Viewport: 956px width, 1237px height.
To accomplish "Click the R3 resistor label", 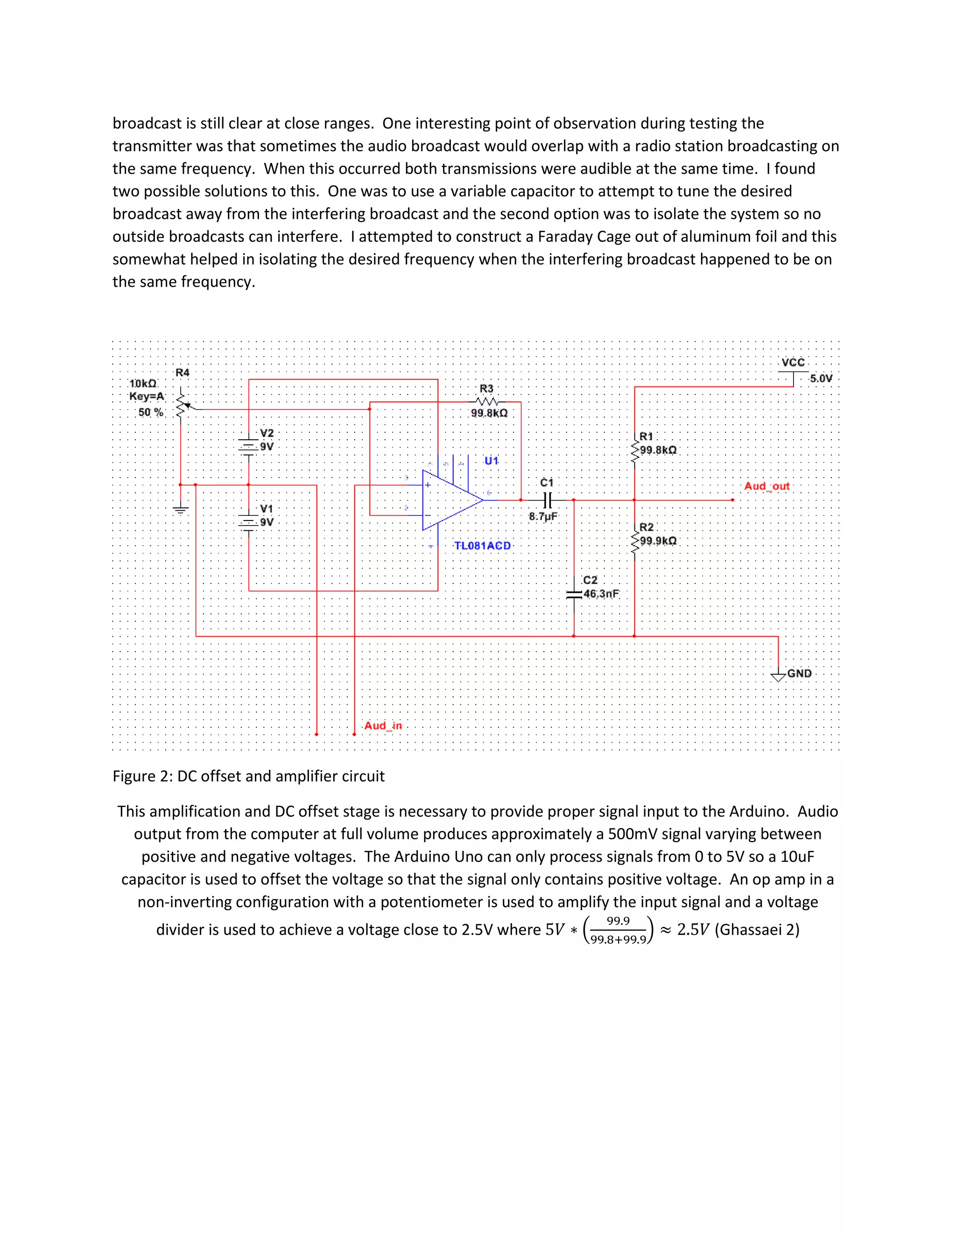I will (486, 388).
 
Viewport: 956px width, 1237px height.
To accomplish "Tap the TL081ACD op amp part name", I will (483, 545).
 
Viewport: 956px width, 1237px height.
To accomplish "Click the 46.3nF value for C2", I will (601, 594).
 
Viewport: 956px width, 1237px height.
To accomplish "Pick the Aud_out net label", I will (766, 486).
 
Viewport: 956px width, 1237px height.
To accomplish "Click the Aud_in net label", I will (383, 725).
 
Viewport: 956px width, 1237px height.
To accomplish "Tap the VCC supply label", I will (793, 363).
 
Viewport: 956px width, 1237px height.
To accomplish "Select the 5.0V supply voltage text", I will (821, 379).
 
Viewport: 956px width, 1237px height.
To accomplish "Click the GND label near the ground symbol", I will (799, 674).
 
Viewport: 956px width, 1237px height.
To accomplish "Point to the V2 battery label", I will (267, 433).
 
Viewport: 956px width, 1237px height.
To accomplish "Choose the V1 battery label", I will (267, 509).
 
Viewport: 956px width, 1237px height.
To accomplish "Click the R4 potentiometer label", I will (183, 373).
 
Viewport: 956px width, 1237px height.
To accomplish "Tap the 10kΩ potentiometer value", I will (143, 383).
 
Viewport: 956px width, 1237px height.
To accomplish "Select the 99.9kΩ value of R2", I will (658, 541).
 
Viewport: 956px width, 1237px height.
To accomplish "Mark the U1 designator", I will (491, 460).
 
